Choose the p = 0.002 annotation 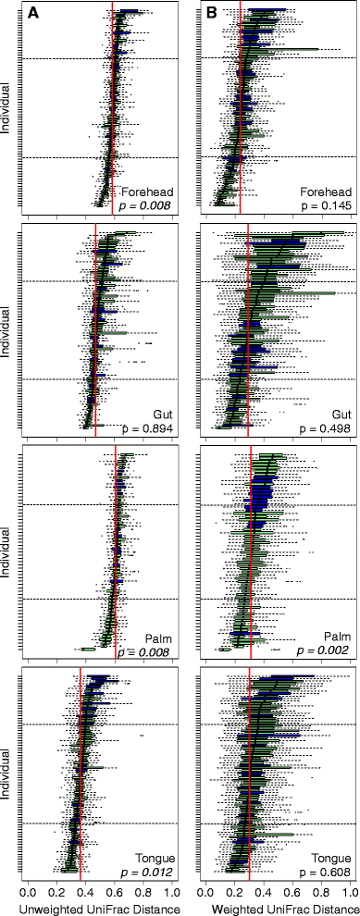[x=325, y=651]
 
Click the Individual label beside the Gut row [x=7, y=334]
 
